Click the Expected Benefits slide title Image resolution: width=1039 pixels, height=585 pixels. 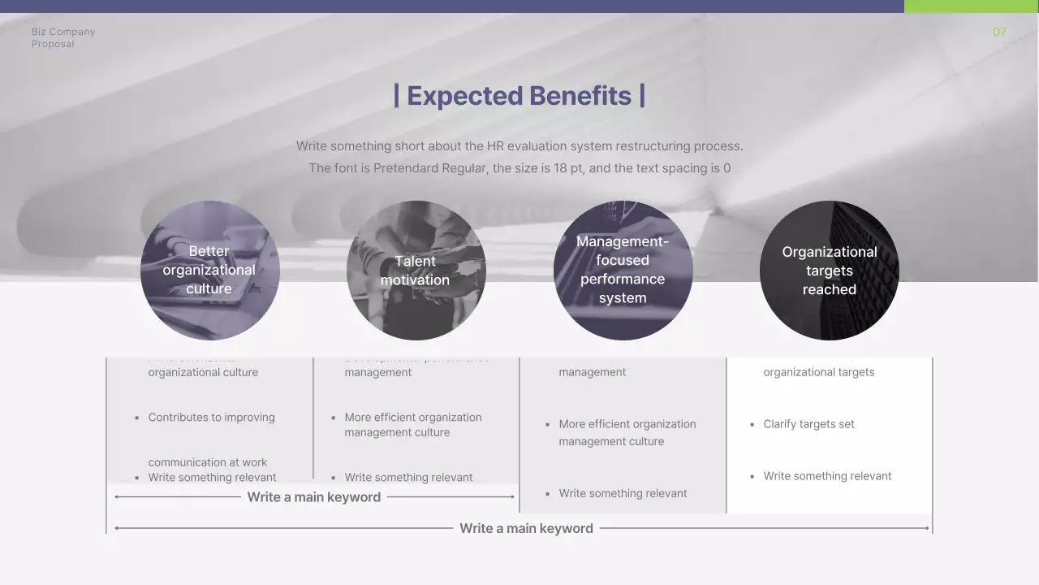click(519, 96)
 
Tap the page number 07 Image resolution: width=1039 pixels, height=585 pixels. click(999, 32)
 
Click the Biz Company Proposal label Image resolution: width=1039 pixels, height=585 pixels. click(63, 37)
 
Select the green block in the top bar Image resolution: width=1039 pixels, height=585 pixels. click(971, 6)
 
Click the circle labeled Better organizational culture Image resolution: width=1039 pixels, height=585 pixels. click(209, 270)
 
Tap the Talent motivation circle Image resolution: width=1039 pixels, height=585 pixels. click(416, 270)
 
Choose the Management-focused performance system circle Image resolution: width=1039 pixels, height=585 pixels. click(623, 270)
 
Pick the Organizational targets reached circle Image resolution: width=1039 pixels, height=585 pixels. click(829, 270)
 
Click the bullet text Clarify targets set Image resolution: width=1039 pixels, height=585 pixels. click(808, 424)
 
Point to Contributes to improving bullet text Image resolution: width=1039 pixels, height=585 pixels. click(211, 418)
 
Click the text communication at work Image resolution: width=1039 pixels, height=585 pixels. click(207, 461)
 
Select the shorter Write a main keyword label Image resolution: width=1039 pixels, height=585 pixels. click(313, 497)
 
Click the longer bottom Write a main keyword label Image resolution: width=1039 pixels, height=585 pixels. click(526, 528)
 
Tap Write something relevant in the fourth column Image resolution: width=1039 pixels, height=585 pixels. click(827, 476)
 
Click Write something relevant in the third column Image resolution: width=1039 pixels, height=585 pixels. click(623, 493)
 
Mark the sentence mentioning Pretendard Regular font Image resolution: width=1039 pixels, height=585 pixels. click(519, 169)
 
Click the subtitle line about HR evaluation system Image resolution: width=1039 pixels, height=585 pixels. click(519, 146)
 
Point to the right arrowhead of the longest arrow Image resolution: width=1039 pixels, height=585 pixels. click(926, 528)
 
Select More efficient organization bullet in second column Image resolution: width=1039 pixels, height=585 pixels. click(412, 425)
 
